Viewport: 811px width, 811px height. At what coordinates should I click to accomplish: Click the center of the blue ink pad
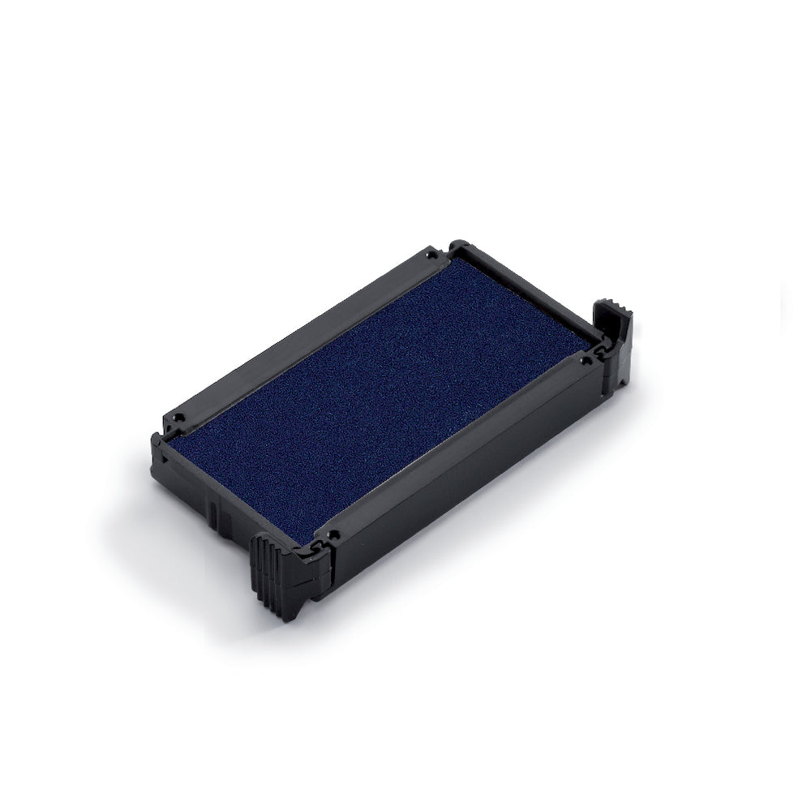tap(382, 397)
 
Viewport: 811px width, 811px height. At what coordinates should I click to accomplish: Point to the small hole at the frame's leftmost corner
tap(181, 420)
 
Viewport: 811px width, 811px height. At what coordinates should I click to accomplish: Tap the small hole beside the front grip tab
tap(333, 535)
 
